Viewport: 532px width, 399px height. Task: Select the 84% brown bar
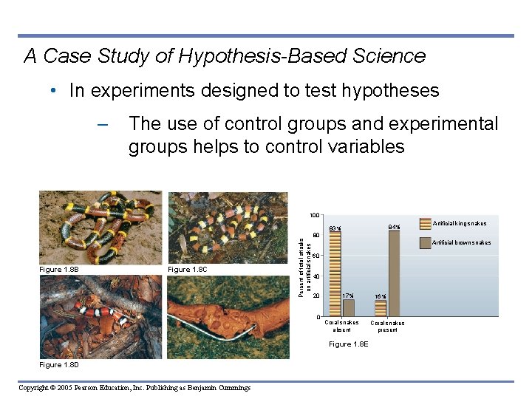(x=394, y=274)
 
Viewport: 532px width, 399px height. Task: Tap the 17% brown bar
(x=349, y=307)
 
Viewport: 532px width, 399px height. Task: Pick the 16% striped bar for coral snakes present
(x=381, y=308)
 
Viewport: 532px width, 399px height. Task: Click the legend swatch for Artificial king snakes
(x=426, y=222)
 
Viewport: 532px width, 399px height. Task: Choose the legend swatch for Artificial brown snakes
(x=426, y=242)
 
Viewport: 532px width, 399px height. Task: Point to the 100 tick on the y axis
(x=314, y=215)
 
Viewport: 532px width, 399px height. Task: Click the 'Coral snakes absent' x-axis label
(x=341, y=326)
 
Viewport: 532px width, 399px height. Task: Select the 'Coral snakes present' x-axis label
(x=387, y=327)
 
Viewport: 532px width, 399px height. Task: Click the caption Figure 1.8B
(x=59, y=270)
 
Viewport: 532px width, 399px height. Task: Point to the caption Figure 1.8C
(x=188, y=270)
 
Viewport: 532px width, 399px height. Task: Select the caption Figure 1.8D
(x=59, y=365)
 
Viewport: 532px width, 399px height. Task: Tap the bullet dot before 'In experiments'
(x=55, y=92)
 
